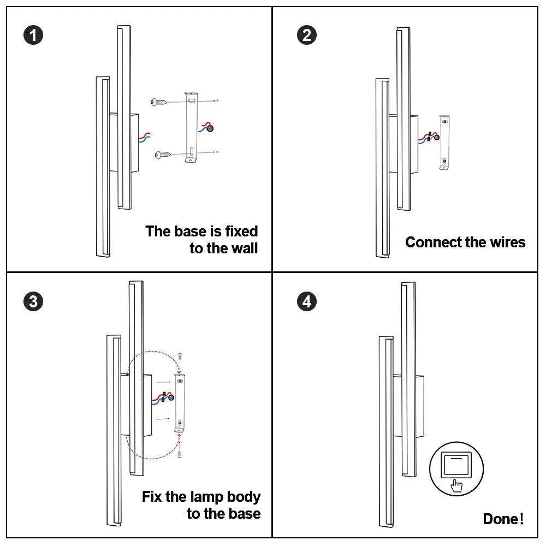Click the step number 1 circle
coord(34,36)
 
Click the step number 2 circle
coord(306,36)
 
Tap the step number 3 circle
coord(34,301)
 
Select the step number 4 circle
coord(306,301)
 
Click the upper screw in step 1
coord(159,102)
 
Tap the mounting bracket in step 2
coord(444,142)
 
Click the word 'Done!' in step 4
coord(503,519)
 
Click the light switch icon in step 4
coord(456,466)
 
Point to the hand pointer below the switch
coord(457,484)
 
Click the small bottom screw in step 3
coord(179,453)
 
